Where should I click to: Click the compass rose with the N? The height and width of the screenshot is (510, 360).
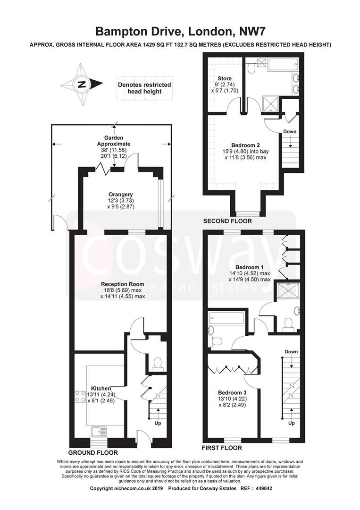point(82,84)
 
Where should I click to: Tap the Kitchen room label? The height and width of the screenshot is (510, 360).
point(100,388)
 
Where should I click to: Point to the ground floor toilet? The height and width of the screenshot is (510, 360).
point(158,364)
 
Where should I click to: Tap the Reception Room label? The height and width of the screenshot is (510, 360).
point(123,284)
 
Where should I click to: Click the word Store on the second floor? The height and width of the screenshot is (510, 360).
point(225,78)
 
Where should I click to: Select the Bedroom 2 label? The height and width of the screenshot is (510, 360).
point(245,145)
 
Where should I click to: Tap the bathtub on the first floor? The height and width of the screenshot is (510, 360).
point(227,318)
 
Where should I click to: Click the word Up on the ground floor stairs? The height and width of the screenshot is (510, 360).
point(158,423)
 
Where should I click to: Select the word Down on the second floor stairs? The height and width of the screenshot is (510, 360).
point(290,131)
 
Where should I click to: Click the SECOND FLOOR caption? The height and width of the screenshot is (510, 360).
point(227,221)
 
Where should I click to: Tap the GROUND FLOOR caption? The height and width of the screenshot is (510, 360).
point(93,452)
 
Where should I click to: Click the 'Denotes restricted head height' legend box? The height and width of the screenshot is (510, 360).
point(144,88)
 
